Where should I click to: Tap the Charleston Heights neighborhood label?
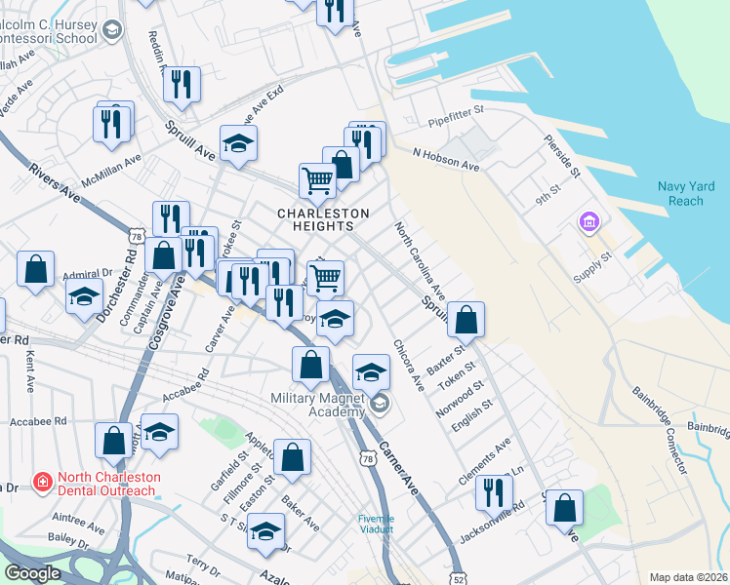(x=323, y=219)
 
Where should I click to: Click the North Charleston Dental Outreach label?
(x=105, y=484)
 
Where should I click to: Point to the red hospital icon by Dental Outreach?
(x=42, y=481)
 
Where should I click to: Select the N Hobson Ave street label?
(x=446, y=159)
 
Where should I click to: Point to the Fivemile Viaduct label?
(x=376, y=524)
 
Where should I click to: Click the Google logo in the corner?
(x=32, y=573)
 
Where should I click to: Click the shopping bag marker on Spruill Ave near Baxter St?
(x=466, y=320)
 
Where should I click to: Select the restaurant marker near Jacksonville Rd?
(x=494, y=491)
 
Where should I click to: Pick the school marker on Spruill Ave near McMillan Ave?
(x=239, y=143)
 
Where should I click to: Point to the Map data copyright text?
(x=688, y=577)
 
